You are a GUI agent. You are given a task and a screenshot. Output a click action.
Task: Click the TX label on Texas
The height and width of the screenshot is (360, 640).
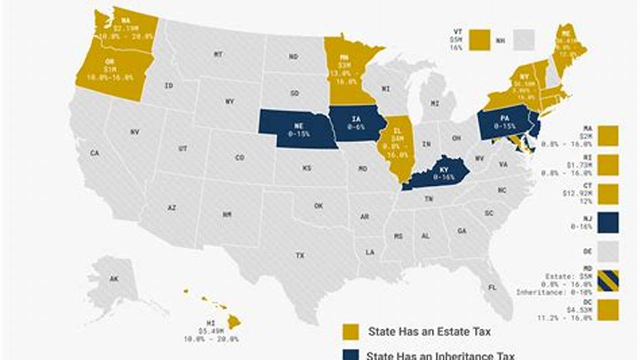[300, 255]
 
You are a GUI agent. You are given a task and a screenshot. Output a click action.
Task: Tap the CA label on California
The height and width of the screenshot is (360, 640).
[95, 153]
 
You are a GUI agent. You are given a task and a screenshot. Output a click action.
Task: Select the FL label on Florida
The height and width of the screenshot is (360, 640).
[492, 287]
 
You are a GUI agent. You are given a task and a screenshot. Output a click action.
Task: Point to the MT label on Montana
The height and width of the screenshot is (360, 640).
[218, 54]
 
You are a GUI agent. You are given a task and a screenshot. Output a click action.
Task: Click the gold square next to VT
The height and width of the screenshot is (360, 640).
[479, 40]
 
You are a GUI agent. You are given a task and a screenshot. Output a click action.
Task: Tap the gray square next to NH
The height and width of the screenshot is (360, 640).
[524, 40]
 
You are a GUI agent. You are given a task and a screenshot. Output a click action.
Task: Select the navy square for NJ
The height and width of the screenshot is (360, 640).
[608, 222]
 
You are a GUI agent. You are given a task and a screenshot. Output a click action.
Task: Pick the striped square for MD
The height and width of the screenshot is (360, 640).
[608, 280]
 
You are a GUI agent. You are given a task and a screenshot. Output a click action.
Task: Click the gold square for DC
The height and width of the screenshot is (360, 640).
[608, 310]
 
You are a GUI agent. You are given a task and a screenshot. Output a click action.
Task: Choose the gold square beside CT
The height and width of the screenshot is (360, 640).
[608, 194]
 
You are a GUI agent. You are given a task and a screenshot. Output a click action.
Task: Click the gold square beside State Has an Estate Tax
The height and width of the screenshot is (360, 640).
[350, 331]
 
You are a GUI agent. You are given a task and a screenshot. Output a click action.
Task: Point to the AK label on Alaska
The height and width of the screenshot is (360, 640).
[114, 279]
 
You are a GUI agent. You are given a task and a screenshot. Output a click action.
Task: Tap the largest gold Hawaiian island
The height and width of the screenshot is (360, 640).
[234, 322]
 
